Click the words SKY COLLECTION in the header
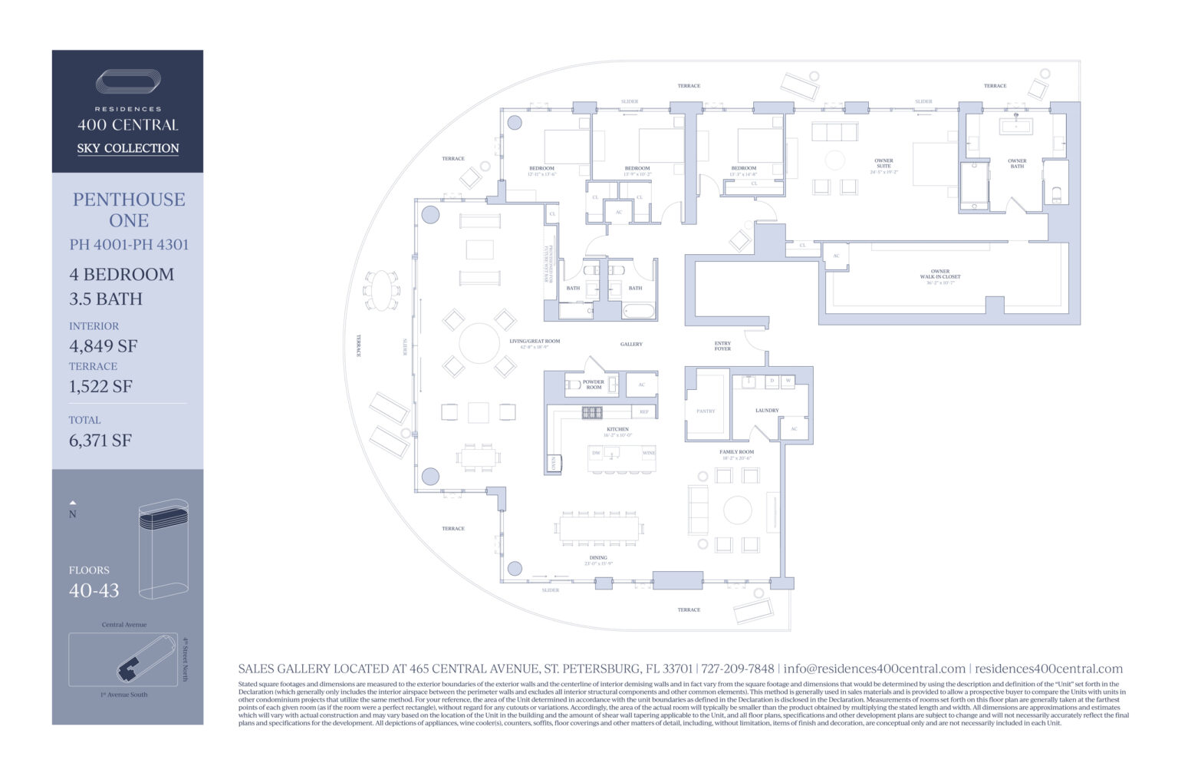tap(127, 148)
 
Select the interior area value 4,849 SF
tap(103, 345)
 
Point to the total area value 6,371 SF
tap(100, 440)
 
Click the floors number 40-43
tap(94, 590)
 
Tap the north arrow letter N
tap(73, 514)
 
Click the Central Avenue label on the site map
tap(123, 625)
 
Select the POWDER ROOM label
tap(594, 384)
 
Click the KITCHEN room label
tap(617, 430)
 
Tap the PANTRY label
tap(706, 411)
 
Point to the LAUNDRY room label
tap(767, 410)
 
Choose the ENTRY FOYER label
tap(722, 345)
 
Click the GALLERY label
tap(631, 344)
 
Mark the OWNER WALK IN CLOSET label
tap(940, 274)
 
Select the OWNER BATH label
tap(1017, 163)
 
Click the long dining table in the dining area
tap(599, 528)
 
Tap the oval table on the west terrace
tap(381, 290)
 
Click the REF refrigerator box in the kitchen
tap(644, 412)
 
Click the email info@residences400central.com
tap(874, 669)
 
